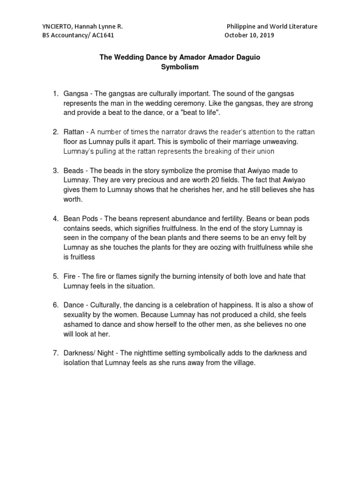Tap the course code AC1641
point(100,35)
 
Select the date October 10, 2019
point(249,35)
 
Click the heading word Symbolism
point(180,67)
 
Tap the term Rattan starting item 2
point(74,132)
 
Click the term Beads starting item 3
point(73,170)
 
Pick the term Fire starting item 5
point(70,277)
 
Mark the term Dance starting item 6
point(74,305)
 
